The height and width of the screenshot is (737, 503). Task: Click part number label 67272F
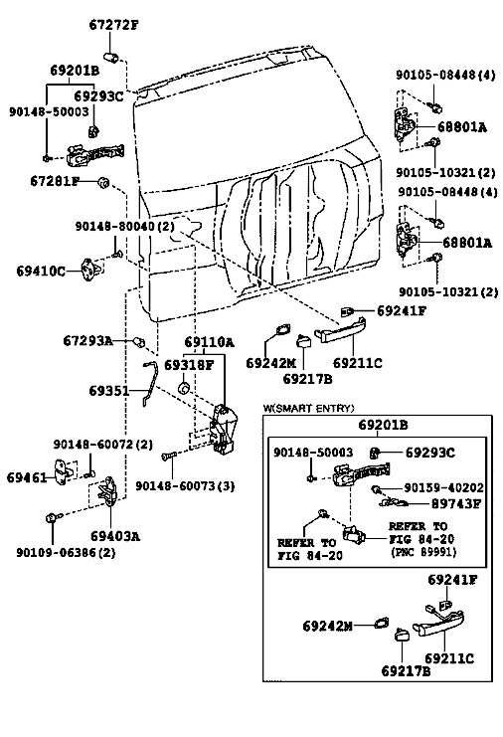[x=114, y=25]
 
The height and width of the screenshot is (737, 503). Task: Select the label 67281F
[x=55, y=181]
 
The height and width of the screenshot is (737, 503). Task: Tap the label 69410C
[x=41, y=272]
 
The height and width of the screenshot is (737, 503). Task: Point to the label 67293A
[x=87, y=340]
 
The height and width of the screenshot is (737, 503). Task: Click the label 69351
[x=109, y=391]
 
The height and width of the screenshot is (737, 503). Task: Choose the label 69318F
[x=189, y=365]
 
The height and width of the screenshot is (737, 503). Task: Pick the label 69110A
[x=209, y=342]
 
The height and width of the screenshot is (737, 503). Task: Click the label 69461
[x=27, y=477]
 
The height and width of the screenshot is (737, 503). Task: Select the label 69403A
[x=115, y=536]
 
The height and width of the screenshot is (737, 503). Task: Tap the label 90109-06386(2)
[x=67, y=552]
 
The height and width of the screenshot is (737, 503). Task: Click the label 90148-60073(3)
[x=185, y=485]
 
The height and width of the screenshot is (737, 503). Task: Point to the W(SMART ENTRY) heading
[x=308, y=408]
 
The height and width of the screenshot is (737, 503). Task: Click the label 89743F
[x=456, y=503]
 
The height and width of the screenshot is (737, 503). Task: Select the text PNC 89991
[x=423, y=552]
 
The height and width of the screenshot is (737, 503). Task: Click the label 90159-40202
[x=443, y=488]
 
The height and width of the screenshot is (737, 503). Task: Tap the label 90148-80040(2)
[x=125, y=226]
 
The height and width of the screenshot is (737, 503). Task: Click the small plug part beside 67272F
[x=112, y=59]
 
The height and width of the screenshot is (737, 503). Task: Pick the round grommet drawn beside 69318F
[x=184, y=389]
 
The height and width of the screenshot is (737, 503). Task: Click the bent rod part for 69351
[x=149, y=383]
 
